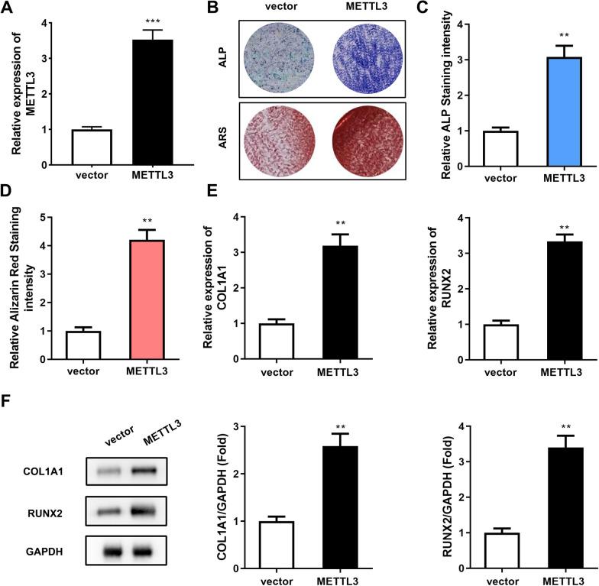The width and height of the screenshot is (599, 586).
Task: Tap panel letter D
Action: (8, 207)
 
